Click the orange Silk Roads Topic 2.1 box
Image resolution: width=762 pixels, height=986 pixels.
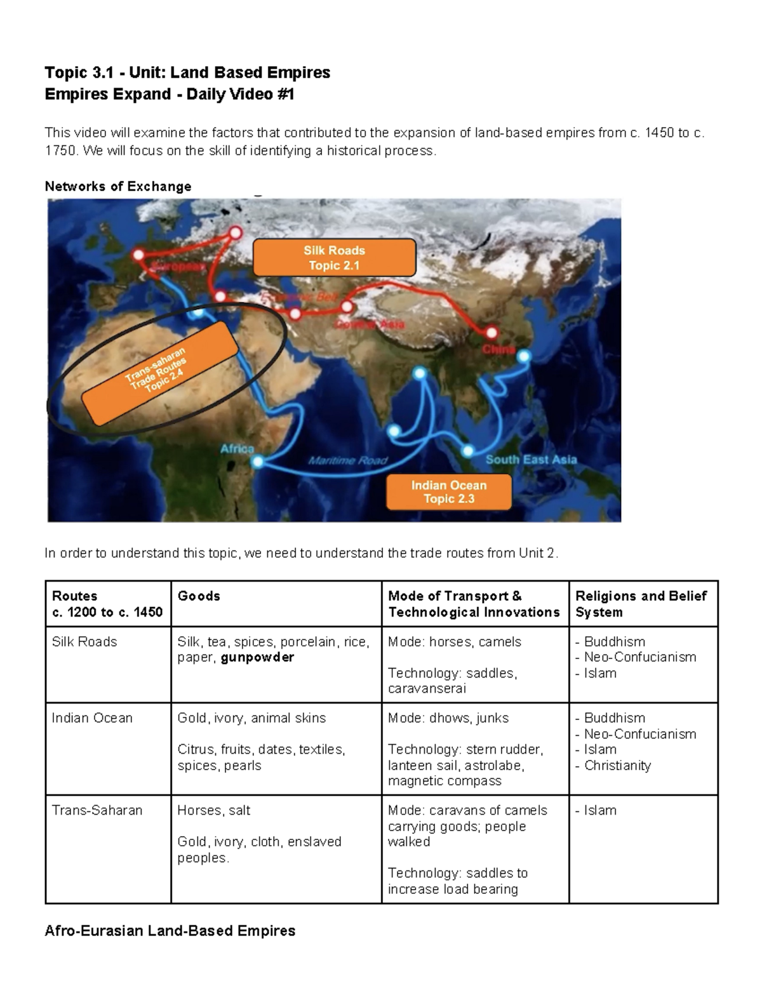pos(334,258)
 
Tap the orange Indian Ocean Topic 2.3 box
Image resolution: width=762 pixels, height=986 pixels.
pos(448,492)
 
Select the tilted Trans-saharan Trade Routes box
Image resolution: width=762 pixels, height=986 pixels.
pos(159,372)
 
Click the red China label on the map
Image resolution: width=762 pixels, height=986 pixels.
pos(498,349)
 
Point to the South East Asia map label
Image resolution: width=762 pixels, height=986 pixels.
pos(531,460)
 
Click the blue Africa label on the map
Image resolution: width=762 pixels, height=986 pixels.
pos(237,449)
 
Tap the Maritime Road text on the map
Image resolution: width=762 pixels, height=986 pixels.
pos(347,461)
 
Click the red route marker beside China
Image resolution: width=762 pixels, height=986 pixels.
pos(492,332)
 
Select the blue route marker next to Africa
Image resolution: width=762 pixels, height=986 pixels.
pos(257,462)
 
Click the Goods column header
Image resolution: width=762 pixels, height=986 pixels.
pos(199,596)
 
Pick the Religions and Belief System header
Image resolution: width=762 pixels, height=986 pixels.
pos(640,604)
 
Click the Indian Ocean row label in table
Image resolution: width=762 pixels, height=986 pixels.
pos(92,718)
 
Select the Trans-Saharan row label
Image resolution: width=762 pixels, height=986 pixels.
pos(97,810)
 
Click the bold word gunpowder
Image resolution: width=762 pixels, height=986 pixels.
pos(257,658)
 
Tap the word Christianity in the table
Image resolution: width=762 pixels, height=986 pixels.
pos(617,766)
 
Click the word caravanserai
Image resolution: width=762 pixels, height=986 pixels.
pos(427,689)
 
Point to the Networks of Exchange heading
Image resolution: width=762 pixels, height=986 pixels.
pos(117,186)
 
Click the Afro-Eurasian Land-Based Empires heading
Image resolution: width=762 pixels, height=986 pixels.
pos(170,931)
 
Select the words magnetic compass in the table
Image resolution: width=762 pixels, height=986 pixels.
pos(444,782)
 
